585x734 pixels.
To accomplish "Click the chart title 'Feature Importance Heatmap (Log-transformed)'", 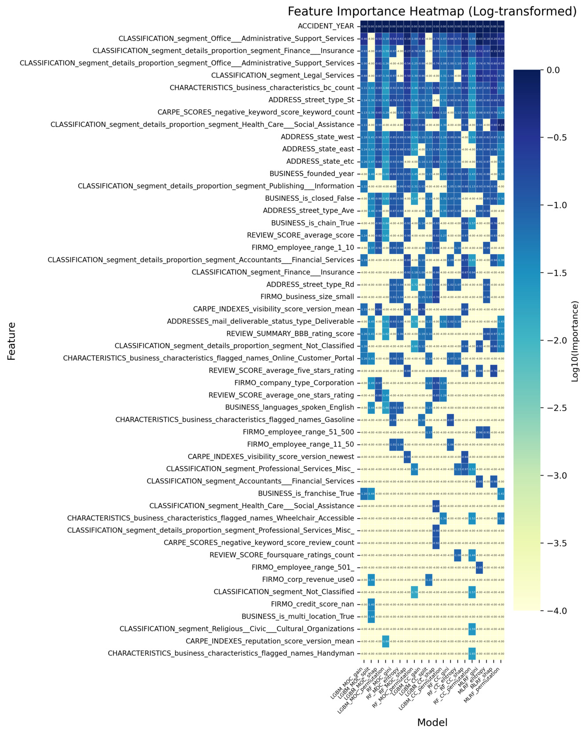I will pos(432,11).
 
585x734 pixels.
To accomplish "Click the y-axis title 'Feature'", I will pos(11,341).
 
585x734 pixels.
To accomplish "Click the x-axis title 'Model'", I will pos(432,722).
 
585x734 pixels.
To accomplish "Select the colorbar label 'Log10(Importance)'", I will pos(575,341).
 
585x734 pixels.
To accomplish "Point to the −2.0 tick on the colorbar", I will pos(547,341).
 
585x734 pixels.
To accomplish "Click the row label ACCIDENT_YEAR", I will pos(326,26).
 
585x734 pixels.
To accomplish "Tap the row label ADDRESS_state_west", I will pos(318,137).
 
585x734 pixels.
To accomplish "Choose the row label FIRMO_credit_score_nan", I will pos(313,604).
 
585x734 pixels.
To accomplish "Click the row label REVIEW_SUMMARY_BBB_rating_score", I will pos(290,334).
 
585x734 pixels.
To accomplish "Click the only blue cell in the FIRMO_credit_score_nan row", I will pos(371,604).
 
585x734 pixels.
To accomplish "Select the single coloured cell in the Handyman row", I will pos(472,653).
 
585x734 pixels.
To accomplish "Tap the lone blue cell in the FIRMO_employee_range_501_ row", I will pos(479,567).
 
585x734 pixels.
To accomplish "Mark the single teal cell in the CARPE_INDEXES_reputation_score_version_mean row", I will pos(386,641).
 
